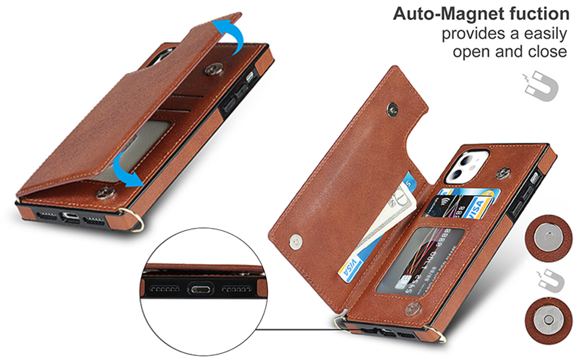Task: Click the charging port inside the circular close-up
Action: tap(202, 290)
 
